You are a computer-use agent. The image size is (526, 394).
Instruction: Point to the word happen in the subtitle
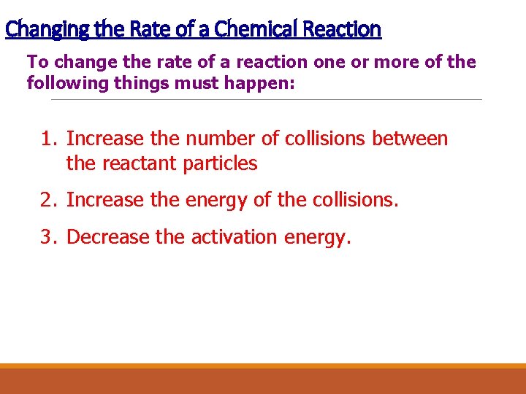coord(262,83)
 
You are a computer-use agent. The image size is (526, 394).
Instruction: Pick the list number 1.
coord(48,139)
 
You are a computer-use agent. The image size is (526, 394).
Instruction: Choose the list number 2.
coord(48,200)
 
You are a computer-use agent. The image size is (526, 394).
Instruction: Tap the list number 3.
coord(48,237)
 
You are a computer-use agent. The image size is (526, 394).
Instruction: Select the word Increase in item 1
coord(105,139)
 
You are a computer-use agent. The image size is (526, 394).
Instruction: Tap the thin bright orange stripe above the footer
coord(263,366)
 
